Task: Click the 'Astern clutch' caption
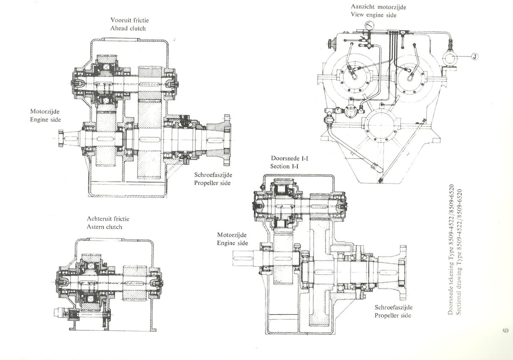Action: pyautogui.click(x=104, y=227)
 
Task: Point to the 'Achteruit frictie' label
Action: pyautogui.click(x=108, y=219)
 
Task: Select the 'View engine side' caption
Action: pyautogui.click(x=374, y=15)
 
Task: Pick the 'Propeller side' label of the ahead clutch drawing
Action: pyautogui.click(x=212, y=183)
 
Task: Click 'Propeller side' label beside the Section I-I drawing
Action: pyautogui.click(x=392, y=316)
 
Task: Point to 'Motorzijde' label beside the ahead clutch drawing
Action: pyautogui.click(x=45, y=112)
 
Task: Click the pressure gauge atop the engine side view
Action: pyautogui.click(x=369, y=25)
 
